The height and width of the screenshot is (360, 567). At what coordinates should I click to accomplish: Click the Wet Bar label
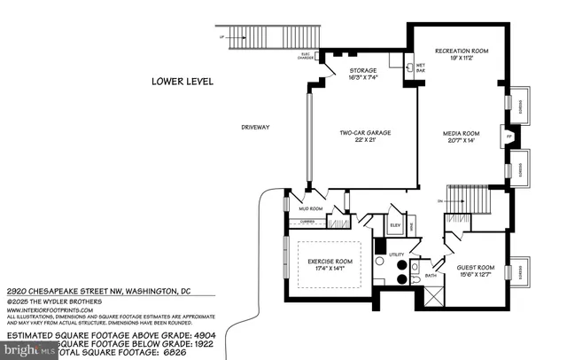point(422,67)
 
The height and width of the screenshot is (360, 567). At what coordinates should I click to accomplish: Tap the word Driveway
point(255,128)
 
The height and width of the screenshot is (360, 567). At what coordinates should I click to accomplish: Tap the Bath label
point(431,275)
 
